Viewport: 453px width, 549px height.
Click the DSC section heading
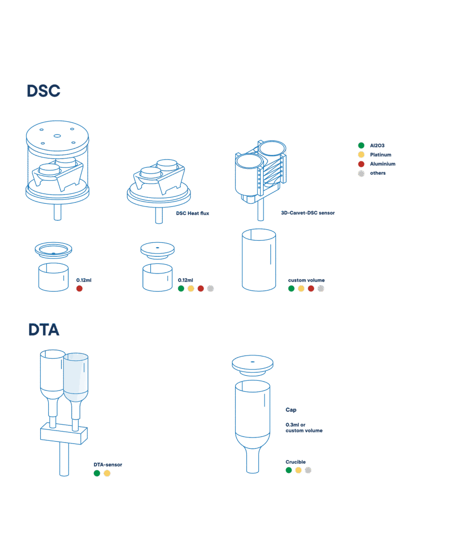[x=43, y=91]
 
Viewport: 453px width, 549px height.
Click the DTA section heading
[x=43, y=330]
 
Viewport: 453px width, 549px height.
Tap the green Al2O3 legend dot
[x=361, y=145]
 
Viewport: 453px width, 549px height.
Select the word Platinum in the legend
[x=381, y=154]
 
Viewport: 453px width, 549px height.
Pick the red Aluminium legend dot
[x=361, y=164]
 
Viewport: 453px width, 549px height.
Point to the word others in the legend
[x=378, y=173]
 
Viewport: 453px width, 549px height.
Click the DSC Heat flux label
[x=193, y=213]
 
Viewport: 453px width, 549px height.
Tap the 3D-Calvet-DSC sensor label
[x=308, y=213]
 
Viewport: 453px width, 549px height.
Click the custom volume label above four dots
[x=306, y=280]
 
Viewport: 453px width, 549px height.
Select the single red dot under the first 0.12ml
[x=79, y=288]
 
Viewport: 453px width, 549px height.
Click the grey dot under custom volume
[x=321, y=288]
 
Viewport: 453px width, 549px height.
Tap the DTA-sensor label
[x=108, y=465]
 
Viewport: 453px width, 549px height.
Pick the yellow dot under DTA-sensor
[x=107, y=473]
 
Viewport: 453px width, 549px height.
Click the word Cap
[x=291, y=410]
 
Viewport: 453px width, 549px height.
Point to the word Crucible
[x=296, y=462]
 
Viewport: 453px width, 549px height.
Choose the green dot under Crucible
[x=289, y=470]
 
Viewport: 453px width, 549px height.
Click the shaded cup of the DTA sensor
[x=76, y=377]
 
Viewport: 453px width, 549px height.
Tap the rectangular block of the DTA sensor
[x=64, y=433]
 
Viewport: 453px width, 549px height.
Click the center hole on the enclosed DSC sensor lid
[x=57, y=136]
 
